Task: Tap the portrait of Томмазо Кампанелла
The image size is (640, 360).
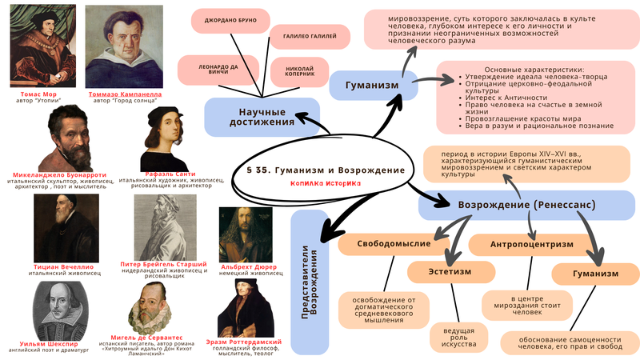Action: pos(122,46)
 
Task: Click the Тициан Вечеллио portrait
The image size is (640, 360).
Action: pos(66,228)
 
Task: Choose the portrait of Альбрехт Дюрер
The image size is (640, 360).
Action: pos(246,234)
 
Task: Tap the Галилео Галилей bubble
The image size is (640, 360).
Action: pos(309,36)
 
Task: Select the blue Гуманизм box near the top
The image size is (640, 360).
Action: pos(373,85)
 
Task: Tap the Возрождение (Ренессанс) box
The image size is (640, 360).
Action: pos(526,206)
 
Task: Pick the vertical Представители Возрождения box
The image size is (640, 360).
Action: pos(310,282)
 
